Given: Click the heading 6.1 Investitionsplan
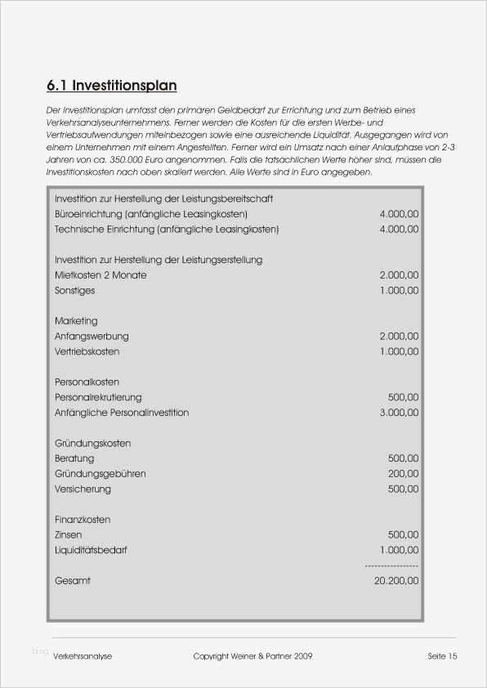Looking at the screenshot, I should click(112, 86).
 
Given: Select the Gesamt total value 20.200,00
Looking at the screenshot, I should click(395, 581).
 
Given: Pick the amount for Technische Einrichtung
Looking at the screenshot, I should click(399, 230).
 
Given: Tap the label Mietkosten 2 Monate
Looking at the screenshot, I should click(101, 275).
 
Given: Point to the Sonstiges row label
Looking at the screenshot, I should click(74, 291).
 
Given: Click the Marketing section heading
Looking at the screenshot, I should click(76, 321).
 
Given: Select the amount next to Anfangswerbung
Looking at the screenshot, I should click(399, 337).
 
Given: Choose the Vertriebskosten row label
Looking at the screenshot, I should click(87, 351).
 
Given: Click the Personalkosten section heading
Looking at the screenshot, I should click(87, 382).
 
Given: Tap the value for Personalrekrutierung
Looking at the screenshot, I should click(403, 397).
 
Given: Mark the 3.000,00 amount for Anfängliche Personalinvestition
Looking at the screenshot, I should click(399, 413).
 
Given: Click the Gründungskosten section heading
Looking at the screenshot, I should click(92, 444).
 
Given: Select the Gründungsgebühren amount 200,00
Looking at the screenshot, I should click(403, 474).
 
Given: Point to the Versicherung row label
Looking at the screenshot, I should click(83, 489).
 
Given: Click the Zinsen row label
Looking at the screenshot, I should click(68, 535).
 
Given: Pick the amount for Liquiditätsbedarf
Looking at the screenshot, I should click(399, 551).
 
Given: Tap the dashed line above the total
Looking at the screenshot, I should click(391, 565).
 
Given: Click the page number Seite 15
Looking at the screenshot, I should click(442, 656).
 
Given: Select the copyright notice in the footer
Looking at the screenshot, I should click(252, 656).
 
